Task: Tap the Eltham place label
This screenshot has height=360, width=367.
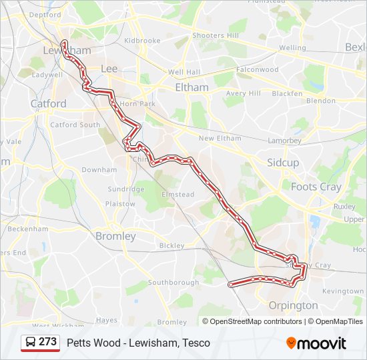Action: (192, 87)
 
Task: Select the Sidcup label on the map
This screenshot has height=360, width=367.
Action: (283, 163)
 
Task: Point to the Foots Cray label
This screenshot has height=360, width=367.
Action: (316, 187)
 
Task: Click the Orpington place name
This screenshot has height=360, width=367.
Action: (293, 305)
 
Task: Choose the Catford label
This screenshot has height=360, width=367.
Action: (48, 103)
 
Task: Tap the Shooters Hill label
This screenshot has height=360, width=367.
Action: (215, 35)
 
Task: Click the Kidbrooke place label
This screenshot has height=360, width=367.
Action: (142, 41)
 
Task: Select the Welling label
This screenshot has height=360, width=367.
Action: (292, 48)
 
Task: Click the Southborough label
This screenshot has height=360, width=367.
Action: (173, 283)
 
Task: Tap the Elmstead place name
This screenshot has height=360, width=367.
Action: (177, 195)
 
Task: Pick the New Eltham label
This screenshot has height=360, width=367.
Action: (220, 138)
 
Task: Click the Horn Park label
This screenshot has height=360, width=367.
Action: (137, 104)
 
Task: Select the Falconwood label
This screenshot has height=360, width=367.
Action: (257, 69)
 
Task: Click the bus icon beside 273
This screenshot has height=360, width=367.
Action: (30, 342)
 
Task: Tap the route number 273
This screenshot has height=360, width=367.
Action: (47, 342)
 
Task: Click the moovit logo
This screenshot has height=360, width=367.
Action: (316, 343)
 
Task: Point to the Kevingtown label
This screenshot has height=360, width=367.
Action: (342, 291)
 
